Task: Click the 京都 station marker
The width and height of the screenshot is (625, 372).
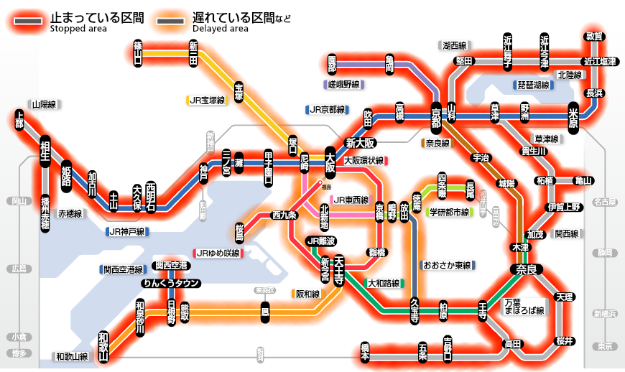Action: (x=436, y=118)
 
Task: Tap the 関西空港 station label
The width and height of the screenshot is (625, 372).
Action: (x=172, y=266)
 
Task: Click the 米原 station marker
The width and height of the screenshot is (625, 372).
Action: (x=573, y=116)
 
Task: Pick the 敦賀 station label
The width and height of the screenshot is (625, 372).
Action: (x=594, y=36)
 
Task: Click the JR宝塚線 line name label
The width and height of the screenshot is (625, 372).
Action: (x=208, y=100)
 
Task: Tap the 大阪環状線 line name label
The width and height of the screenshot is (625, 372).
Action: (x=364, y=160)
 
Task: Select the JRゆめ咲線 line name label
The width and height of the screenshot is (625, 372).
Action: (x=218, y=254)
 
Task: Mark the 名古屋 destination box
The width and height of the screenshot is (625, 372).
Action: (x=604, y=203)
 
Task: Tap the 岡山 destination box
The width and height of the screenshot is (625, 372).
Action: (x=17, y=202)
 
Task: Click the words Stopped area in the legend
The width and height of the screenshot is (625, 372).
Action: (x=78, y=29)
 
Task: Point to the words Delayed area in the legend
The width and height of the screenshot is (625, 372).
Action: (x=221, y=29)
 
